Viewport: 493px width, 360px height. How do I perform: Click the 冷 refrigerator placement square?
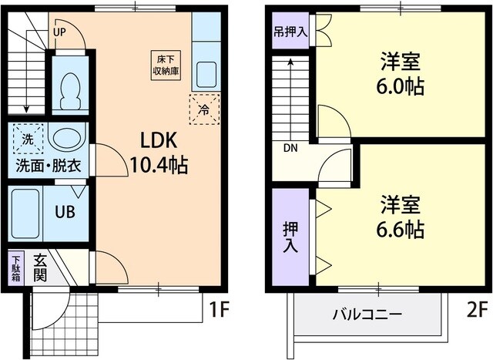click(204, 109)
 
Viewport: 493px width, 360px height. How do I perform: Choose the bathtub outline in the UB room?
click(26, 212)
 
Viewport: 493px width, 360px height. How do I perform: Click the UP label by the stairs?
click(59, 33)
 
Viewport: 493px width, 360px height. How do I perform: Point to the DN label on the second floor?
click(290, 148)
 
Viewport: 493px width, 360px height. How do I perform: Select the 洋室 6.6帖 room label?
click(401, 217)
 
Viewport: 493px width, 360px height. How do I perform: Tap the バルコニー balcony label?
click(367, 314)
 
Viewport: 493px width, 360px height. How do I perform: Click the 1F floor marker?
click(220, 309)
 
